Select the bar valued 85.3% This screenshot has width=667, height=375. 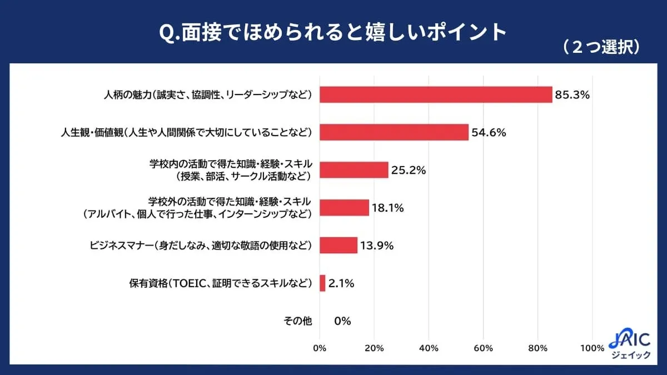point(436,94)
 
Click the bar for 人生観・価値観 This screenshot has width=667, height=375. point(395,132)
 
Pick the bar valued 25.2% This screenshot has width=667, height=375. point(354,170)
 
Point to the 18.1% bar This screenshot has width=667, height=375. point(345,208)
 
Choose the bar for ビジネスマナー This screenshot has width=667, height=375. point(339,245)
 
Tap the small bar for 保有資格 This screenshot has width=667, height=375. point(323,283)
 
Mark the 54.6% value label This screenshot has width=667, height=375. point(489,132)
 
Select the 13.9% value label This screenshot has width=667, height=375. point(377,245)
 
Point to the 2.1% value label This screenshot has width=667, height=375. point(341,283)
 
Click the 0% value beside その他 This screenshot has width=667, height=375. point(342,321)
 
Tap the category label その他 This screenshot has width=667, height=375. point(298,321)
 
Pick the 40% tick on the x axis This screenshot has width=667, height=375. point(429,348)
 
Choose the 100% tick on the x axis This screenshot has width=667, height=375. point(591,348)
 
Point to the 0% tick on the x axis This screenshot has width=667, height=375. point(320,348)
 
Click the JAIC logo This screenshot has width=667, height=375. point(629,339)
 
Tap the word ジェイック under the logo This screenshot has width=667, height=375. point(630,356)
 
